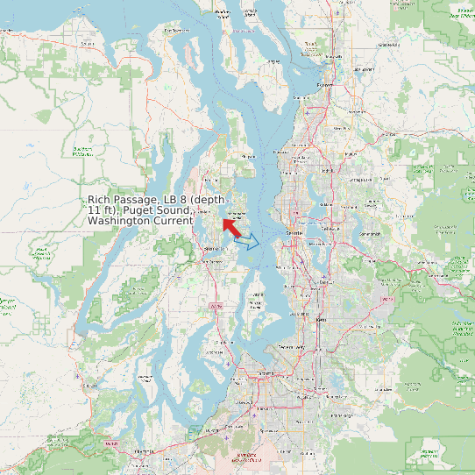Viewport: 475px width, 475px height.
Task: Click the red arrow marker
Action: pos(231,228)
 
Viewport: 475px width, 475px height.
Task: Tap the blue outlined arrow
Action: pos(248,241)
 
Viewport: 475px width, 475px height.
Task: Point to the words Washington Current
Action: pos(140,221)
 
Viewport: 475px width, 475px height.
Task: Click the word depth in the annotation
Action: pos(209,201)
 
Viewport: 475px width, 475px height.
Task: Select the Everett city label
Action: pos(325,85)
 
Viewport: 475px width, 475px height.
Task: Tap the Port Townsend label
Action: pos(175,31)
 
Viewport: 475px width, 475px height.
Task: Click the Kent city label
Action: pos(320,320)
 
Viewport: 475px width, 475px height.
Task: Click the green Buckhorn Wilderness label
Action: pos(83,151)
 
